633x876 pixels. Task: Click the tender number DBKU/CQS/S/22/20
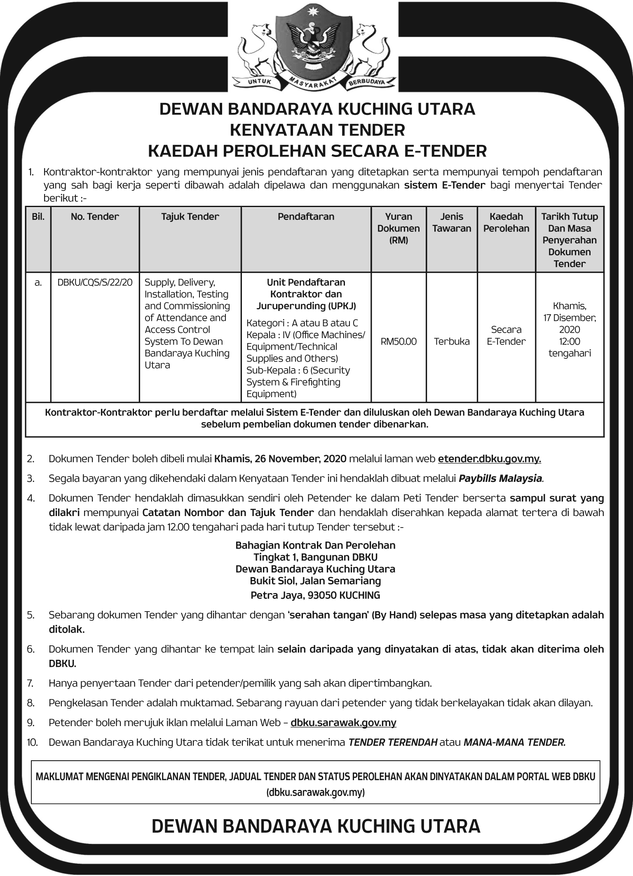[95, 282]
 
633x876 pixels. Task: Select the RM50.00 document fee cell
[399, 341]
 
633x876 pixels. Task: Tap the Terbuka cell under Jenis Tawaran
[452, 341]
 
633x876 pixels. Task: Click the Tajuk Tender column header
[190, 217]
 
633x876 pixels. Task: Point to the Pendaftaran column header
[306, 217]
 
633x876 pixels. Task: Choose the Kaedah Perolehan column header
[506, 222]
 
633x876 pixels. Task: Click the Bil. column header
[38, 217]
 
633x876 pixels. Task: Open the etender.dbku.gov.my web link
[489, 459]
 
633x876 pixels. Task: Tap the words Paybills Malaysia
[500, 479]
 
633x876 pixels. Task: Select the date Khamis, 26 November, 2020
[280, 459]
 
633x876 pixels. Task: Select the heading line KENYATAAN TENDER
[317, 130]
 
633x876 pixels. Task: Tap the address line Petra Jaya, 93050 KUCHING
[315, 595]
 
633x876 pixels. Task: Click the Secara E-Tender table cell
[506, 336]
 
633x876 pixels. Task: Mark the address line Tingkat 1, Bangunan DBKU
[315, 557]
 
